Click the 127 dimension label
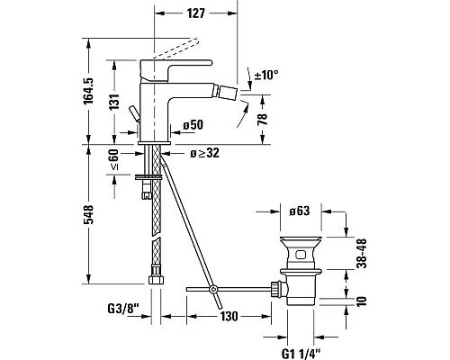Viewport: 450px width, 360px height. coord(196,13)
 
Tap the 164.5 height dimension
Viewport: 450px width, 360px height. coord(88,91)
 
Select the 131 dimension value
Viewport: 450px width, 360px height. coord(114,102)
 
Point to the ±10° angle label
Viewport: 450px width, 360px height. coord(266,75)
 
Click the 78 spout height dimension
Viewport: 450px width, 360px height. coord(263,120)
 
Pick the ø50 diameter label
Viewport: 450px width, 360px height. coord(193,125)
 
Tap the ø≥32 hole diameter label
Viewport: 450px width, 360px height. coord(204,153)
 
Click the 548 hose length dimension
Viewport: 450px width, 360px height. coord(88,214)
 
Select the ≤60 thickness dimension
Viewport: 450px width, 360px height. coord(114,160)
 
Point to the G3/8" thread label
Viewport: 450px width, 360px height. coord(123,309)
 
